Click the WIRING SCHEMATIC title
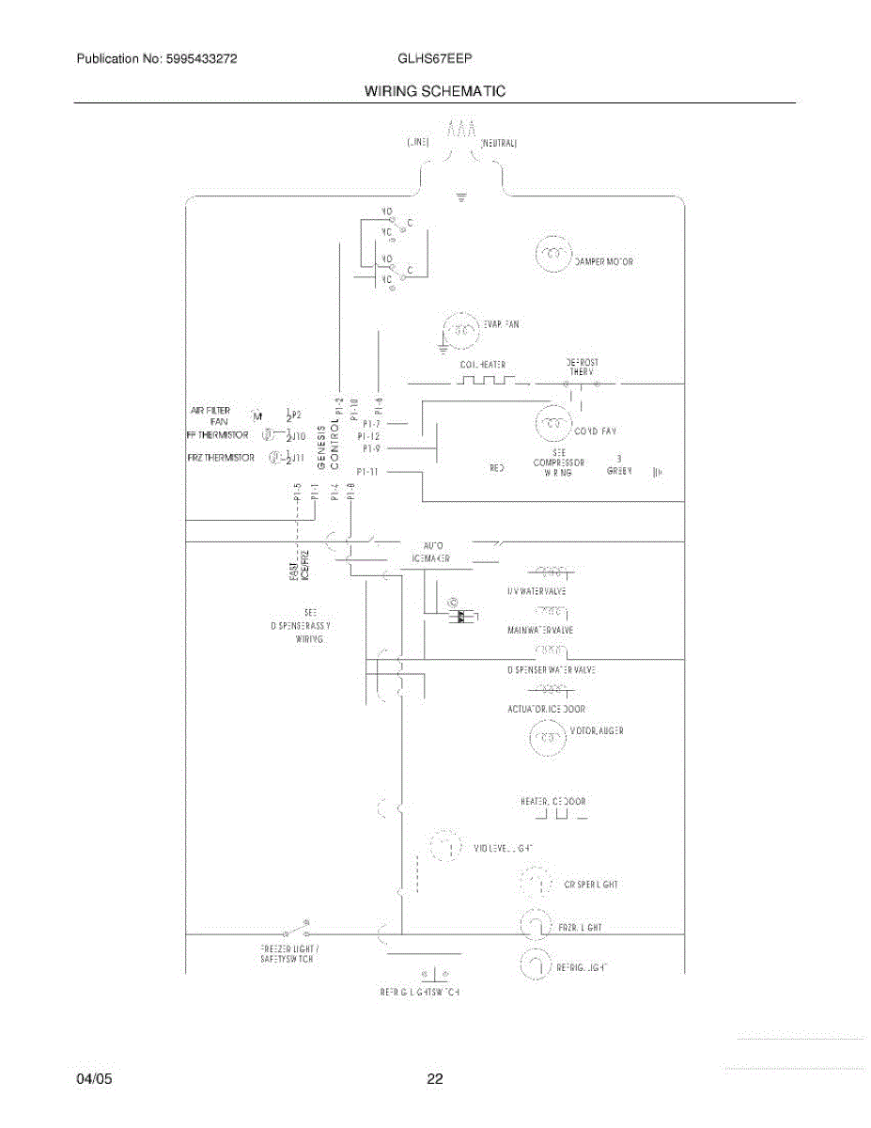click(434, 91)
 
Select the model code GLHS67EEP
click(435, 58)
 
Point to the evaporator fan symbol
click(461, 329)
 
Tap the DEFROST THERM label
click(583, 367)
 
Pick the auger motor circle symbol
click(549, 738)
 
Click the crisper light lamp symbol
click(537, 884)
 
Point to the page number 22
click(434, 1079)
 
